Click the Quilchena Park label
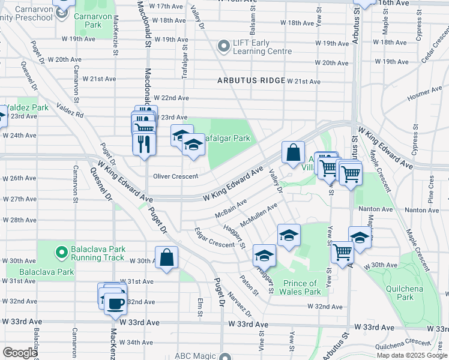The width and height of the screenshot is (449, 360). click(405, 292)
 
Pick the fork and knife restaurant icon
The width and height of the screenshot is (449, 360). click(143, 145)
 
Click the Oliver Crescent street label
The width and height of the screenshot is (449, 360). click(175, 176)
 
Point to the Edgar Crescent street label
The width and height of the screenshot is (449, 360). click(214, 238)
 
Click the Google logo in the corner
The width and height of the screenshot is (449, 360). click(20, 353)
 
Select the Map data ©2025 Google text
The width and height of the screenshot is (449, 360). click(412, 355)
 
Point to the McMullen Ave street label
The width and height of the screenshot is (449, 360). click(258, 215)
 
